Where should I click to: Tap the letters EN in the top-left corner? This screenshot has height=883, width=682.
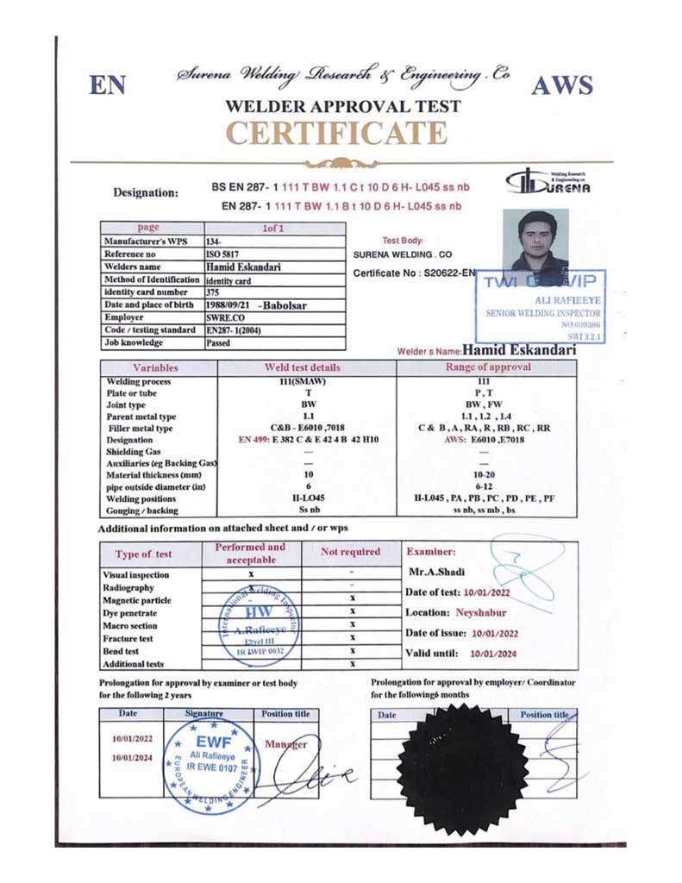click(108, 85)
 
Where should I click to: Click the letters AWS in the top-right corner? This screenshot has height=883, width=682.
click(561, 85)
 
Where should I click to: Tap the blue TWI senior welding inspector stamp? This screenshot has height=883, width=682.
click(541, 306)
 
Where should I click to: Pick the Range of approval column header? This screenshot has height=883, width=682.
click(486, 367)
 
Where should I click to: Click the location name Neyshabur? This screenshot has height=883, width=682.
click(480, 612)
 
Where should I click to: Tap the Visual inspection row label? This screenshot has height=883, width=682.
click(135, 575)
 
